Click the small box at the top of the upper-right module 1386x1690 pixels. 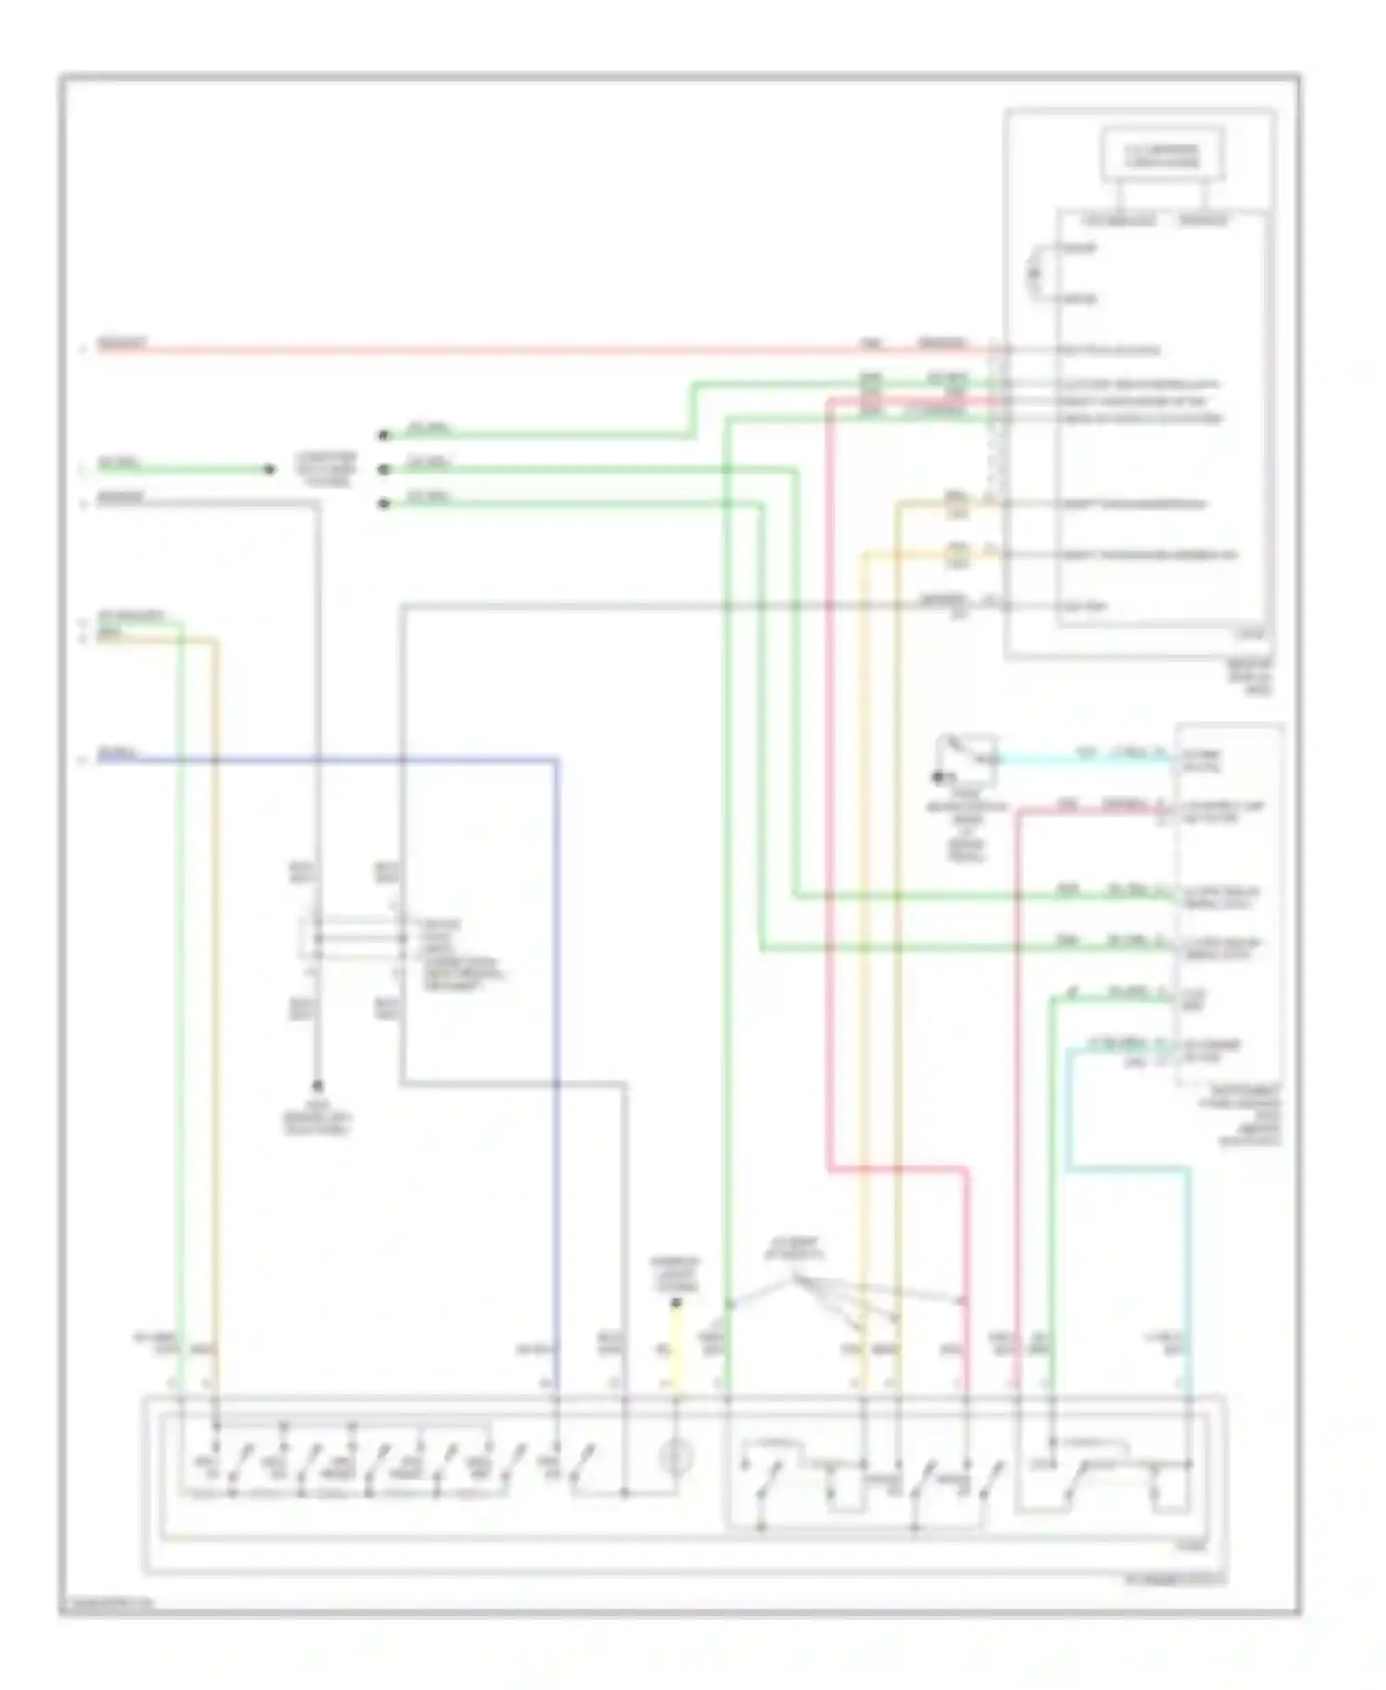(1161, 155)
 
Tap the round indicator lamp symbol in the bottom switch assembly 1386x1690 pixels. (675, 1458)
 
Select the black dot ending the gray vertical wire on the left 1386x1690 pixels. (317, 1085)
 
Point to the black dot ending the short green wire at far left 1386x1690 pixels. (269, 470)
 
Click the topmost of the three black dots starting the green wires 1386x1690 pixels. (383, 435)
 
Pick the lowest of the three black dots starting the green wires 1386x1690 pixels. (383, 504)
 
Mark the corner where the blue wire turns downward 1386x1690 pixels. (557, 761)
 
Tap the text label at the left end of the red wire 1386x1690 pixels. (121, 344)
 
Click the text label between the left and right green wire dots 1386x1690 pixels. (325, 469)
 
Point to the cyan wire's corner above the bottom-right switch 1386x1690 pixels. (1188, 1170)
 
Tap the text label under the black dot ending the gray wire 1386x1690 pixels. (317, 1121)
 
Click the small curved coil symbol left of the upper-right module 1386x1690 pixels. (1035, 274)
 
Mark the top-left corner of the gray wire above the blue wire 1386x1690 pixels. (403, 607)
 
